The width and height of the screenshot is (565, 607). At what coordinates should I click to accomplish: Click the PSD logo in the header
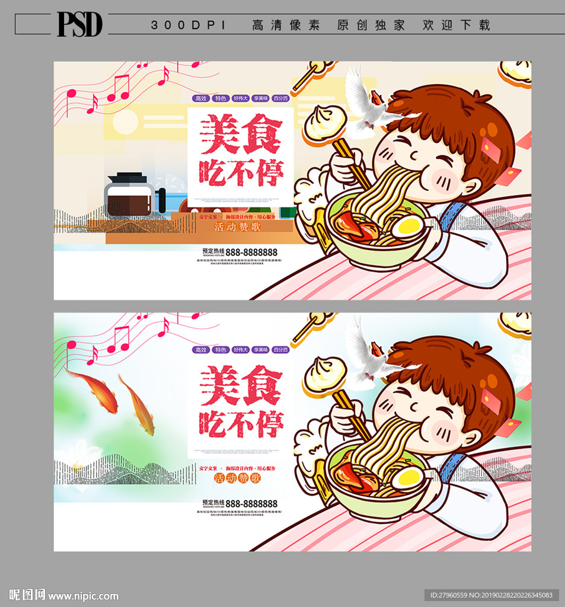[x=79, y=24]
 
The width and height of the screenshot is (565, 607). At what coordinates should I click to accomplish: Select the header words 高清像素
[x=286, y=25]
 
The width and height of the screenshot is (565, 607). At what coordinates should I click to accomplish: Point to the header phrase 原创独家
[x=371, y=25]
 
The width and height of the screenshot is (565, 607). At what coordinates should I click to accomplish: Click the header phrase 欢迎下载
[x=457, y=25]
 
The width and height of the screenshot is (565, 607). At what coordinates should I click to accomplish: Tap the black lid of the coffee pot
[x=127, y=178]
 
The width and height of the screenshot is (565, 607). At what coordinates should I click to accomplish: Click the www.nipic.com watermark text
[x=84, y=596]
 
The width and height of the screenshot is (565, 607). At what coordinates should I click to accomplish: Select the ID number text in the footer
[x=491, y=595]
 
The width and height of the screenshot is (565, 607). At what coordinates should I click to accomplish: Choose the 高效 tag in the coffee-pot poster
[x=202, y=99]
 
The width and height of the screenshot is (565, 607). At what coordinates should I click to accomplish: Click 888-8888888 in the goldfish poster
[x=253, y=503]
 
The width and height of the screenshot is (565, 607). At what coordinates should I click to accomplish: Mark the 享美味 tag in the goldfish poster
[x=261, y=350]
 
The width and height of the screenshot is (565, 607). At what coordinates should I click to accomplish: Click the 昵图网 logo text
[x=27, y=595]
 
